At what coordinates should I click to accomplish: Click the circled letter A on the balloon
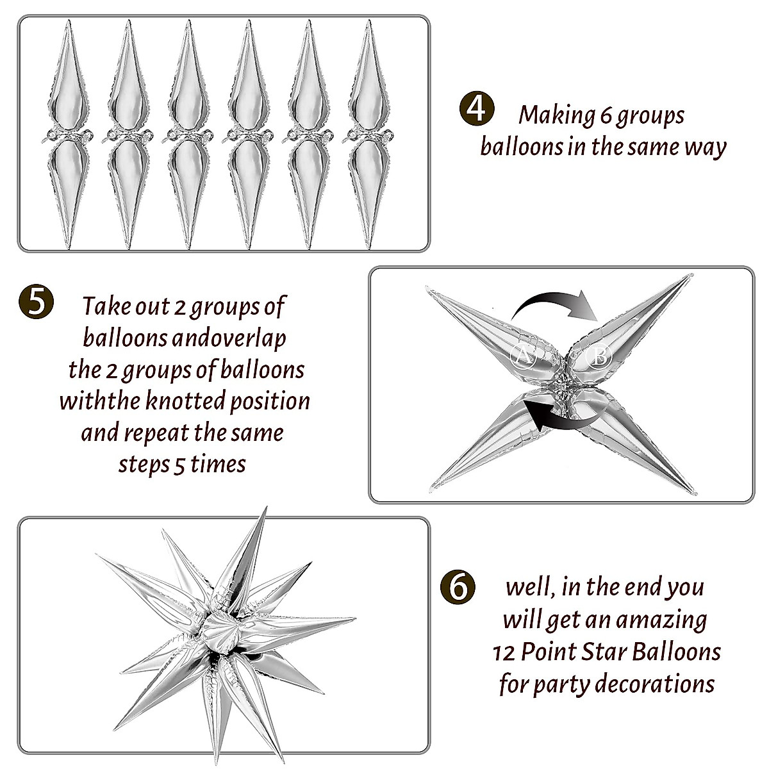[x=523, y=356]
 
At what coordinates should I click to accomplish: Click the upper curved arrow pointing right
[x=555, y=306]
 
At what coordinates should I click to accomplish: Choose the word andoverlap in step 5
[x=229, y=338]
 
